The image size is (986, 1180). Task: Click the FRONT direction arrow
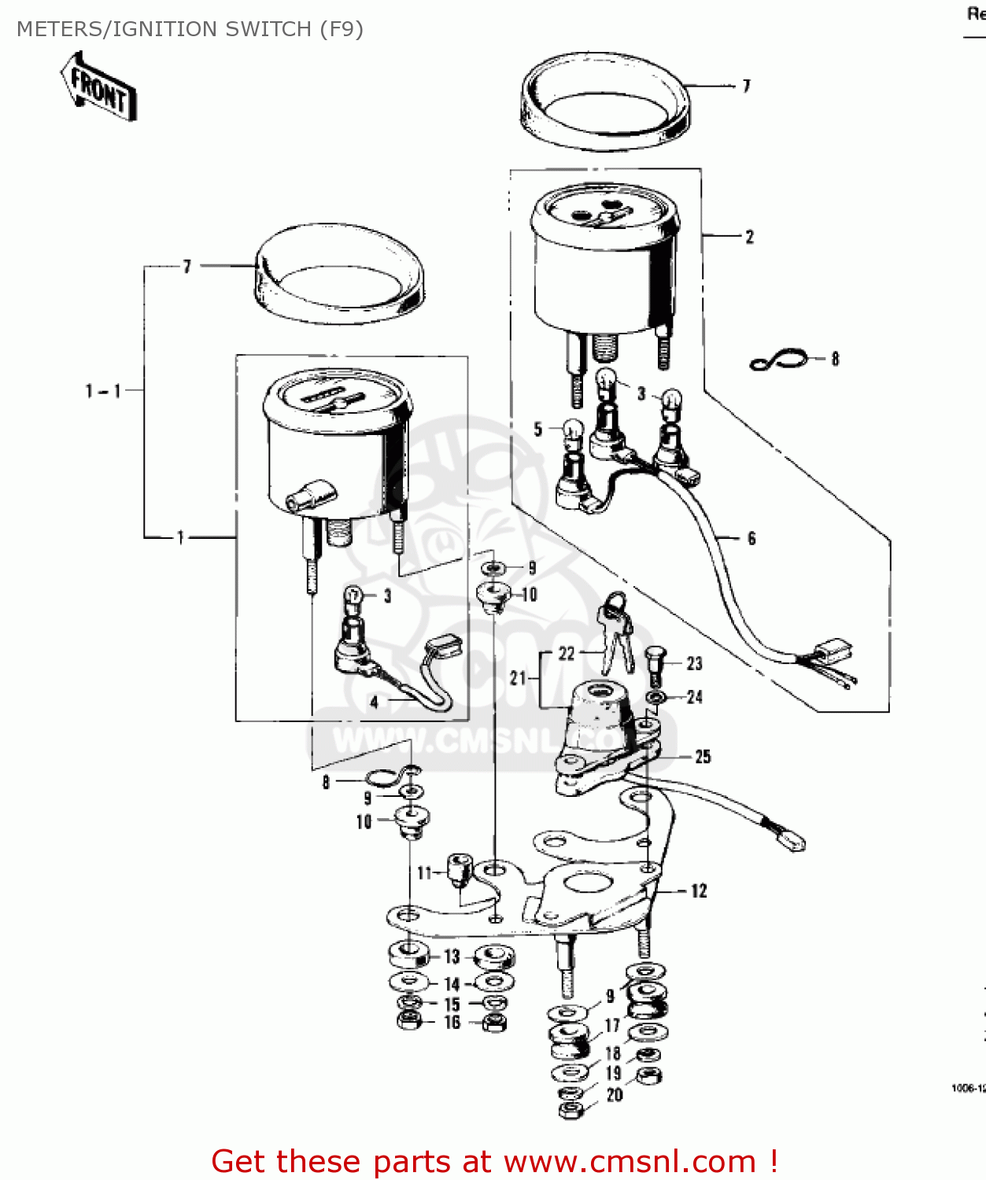[x=98, y=87]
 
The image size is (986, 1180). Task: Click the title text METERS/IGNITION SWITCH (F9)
[x=190, y=29]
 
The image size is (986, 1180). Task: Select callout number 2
[x=749, y=237]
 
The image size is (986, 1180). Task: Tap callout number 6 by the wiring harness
[x=752, y=539]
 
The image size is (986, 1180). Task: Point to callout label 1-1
[x=103, y=390]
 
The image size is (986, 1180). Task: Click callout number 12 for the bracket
[x=699, y=891]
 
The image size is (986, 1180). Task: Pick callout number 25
[x=703, y=757]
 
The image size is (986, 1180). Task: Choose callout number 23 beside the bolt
[x=694, y=664]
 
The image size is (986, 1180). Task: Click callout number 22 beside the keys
[x=567, y=654]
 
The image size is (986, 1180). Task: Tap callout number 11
[x=425, y=872]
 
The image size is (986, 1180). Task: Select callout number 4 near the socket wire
[x=375, y=702]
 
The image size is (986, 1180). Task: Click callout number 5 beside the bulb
[x=538, y=430]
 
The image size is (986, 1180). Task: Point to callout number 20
[x=615, y=1094]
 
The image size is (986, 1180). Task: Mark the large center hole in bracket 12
[x=586, y=883]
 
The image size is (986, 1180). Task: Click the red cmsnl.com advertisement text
[x=495, y=1161]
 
